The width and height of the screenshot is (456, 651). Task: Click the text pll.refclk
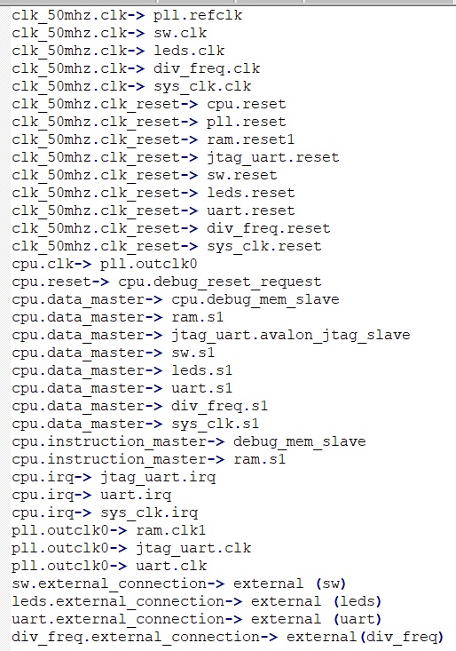pyautogui.click(x=198, y=15)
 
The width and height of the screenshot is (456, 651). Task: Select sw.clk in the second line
pyautogui.click(x=180, y=33)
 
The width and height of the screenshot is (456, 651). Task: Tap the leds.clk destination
pyautogui.click(x=189, y=51)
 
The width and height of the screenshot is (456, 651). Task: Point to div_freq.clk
pyautogui.click(x=207, y=68)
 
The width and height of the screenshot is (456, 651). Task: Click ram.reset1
pyautogui.click(x=251, y=139)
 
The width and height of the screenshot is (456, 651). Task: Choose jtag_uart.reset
pyautogui.click(x=273, y=157)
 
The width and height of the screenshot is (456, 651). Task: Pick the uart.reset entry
pyautogui.click(x=251, y=210)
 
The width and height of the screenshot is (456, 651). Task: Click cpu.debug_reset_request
pyautogui.click(x=220, y=282)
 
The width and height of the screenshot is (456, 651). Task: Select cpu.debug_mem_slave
pyautogui.click(x=256, y=300)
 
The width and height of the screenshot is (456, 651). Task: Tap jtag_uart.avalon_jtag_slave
pyautogui.click(x=291, y=335)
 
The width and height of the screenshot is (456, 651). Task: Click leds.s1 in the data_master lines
pyautogui.click(x=202, y=370)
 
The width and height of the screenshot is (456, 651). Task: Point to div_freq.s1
pyautogui.click(x=220, y=406)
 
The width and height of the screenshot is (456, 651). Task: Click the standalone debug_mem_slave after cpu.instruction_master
pyautogui.click(x=299, y=441)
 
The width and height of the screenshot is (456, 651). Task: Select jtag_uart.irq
pyautogui.click(x=158, y=477)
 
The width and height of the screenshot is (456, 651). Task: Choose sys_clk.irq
pyautogui.click(x=149, y=512)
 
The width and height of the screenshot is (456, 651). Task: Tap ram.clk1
pyautogui.click(x=171, y=530)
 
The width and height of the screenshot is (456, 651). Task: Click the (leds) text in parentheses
pyautogui.click(x=358, y=601)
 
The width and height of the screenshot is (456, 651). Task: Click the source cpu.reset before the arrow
pyautogui.click(x=51, y=282)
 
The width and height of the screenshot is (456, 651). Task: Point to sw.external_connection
pyautogui.click(x=108, y=584)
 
